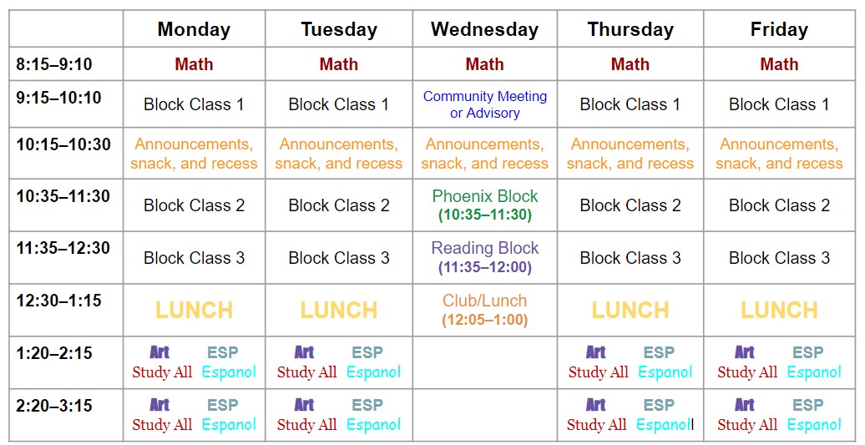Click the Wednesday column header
pos(484,30)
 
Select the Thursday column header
pos(630,30)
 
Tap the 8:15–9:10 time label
pos(54,63)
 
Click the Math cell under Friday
pos(779,64)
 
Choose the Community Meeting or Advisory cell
pos(485,104)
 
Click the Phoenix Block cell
pos(485,205)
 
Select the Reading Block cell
pos(485,257)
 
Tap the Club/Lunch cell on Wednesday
pos(485,309)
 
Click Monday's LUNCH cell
pos(194,311)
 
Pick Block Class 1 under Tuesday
pos(339,104)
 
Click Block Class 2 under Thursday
pos(630,205)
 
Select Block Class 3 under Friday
pos(779,258)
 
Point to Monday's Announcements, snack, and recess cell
pos(194,154)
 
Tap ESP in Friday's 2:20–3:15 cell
pos(807,406)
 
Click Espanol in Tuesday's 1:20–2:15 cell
pos(373,372)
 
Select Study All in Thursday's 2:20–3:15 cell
pos(596,425)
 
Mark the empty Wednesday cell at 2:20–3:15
pos(485,415)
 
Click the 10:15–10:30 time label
pos(63,144)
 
